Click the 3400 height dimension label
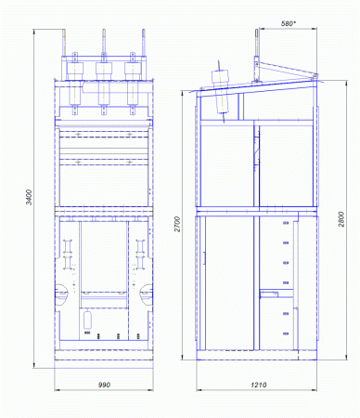pos(29,197)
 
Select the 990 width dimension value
pos(104,385)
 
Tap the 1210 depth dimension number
pos(258,385)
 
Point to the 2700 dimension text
pos(177,224)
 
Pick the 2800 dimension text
pos(341,219)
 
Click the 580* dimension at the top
pos(289,23)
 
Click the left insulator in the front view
pos(75,84)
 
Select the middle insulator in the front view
pos(104,84)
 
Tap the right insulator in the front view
pos(133,84)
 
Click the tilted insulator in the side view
pos(222,91)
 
